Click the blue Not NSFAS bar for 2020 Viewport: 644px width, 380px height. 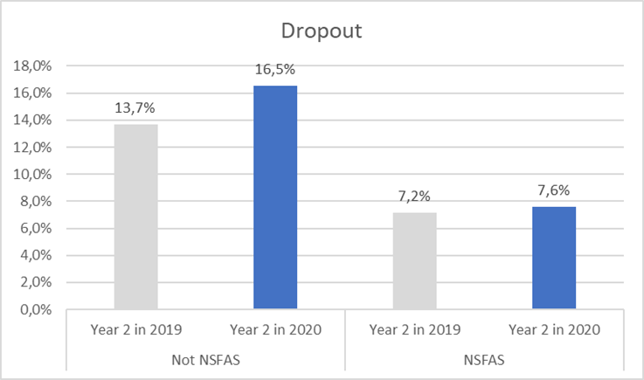[x=275, y=197]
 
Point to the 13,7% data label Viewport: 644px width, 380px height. [x=135, y=109]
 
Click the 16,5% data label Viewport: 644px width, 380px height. [x=275, y=71]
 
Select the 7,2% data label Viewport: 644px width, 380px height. [x=414, y=197]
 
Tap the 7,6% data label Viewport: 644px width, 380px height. [x=554, y=192]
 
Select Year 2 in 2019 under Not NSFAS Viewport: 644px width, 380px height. [x=135, y=331]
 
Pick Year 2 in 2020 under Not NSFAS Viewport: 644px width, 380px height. [x=275, y=331]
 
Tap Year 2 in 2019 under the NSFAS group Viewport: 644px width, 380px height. [x=414, y=331]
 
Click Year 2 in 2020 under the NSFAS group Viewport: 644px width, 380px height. [x=554, y=331]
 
